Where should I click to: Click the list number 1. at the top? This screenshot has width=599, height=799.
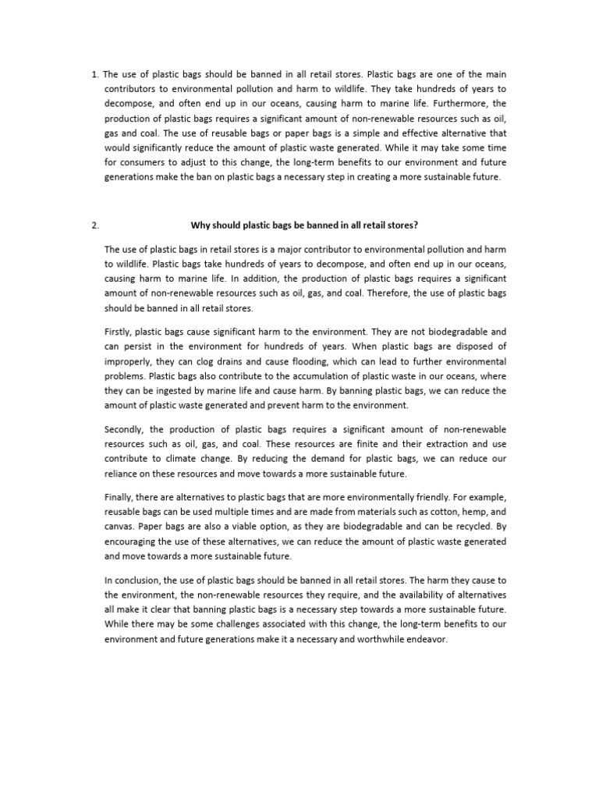[95, 74]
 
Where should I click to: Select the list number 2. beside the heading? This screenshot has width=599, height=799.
[95, 225]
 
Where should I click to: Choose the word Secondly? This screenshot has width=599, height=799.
[124, 429]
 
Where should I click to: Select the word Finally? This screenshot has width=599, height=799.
[119, 497]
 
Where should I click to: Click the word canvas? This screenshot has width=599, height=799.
[119, 527]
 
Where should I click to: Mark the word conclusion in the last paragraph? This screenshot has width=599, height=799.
[135, 580]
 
